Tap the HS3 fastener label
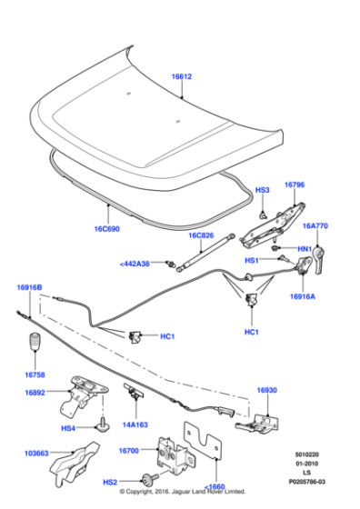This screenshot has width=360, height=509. pyautogui.click(x=263, y=190)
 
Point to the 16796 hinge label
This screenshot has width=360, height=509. pyautogui.click(x=295, y=185)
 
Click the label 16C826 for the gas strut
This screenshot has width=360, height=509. pyautogui.click(x=203, y=235)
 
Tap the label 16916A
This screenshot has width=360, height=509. pyautogui.click(x=306, y=295)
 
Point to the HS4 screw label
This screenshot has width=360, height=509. pyautogui.click(x=67, y=428)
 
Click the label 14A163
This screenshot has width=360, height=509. pyautogui.click(x=136, y=424)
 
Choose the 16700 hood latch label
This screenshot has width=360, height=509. pyautogui.click(x=130, y=449)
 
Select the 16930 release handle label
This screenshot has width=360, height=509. pyautogui.click(x=266, y=390)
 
